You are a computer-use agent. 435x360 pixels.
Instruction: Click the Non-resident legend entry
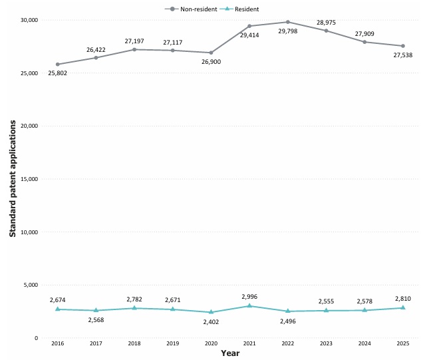coord(191,9)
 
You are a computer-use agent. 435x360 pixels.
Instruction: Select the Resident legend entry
coord(239,9)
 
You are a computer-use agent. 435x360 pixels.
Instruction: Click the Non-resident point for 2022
coord(288,22)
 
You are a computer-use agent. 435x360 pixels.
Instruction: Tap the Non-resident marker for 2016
coord(58,65)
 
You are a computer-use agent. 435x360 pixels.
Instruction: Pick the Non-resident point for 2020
coord(211,53)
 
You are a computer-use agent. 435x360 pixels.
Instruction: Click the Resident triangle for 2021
coord(249,305)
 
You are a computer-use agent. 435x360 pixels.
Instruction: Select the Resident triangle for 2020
coord(211,312)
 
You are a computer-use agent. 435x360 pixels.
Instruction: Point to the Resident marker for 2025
coord(403,307)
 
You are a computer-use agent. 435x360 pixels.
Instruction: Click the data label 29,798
coord(288,31)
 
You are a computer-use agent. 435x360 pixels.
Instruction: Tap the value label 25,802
coord(58,73)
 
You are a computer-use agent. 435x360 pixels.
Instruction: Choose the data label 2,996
coord(249,297)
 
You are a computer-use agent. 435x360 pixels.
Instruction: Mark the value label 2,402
coord(211,322)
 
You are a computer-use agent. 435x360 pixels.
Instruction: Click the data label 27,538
coord(403,55)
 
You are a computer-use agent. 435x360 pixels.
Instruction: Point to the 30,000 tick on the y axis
coord(29,20)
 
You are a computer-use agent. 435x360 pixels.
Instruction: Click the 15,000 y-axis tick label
coord(29,179)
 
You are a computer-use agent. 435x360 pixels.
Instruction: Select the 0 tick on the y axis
coord(36,338)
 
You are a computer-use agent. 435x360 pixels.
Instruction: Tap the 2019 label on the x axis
coord(172,343)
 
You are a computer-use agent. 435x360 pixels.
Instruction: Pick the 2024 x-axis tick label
coord(364,343)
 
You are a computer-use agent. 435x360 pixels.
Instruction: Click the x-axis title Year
coord(230,353)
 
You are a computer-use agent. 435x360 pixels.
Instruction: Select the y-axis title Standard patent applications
coord(13,179)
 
